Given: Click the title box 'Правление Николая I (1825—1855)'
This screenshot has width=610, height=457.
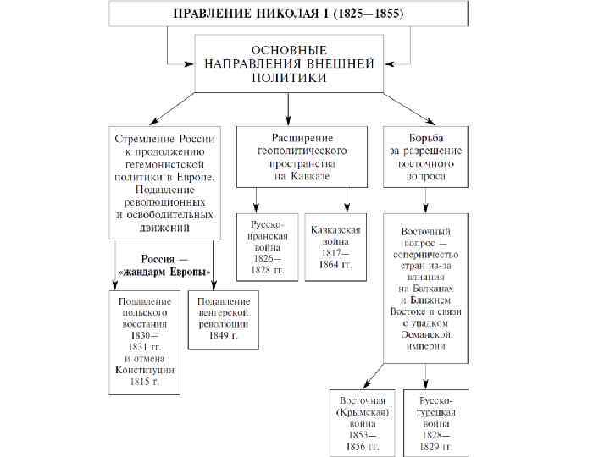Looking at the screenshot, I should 287,14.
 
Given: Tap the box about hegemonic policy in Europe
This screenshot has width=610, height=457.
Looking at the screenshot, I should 164,181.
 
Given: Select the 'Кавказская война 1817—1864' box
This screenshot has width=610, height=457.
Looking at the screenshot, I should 335,245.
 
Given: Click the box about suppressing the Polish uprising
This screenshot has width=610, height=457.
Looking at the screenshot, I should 145,341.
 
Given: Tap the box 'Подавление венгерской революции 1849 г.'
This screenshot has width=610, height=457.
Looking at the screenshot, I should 224,318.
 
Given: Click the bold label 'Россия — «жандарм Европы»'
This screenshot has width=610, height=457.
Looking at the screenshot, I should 164,265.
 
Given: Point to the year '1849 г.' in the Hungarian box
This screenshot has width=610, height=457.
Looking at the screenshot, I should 224,335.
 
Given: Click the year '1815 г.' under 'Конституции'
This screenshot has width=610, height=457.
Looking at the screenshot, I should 145,381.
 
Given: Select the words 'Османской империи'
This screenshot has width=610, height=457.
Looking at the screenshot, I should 426,340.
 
